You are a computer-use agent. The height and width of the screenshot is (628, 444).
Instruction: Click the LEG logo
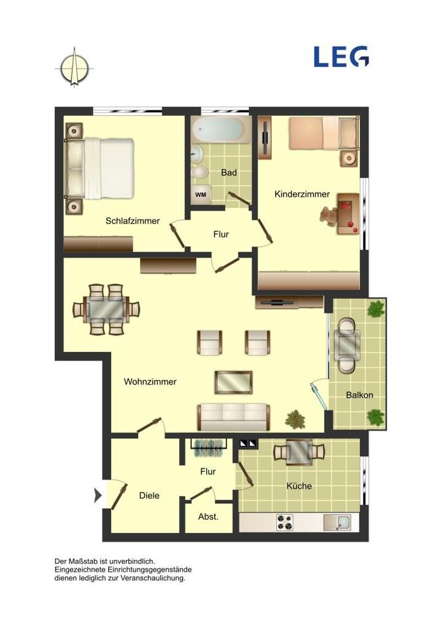tap(341, 57)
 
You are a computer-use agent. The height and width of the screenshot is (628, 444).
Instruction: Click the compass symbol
tap(75, 67)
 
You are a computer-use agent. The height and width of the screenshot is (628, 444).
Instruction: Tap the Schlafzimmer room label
tap(132, 221)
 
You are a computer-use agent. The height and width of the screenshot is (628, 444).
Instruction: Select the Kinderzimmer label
tap(302, 194)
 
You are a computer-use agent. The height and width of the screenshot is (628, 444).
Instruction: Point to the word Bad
tap(229, 173)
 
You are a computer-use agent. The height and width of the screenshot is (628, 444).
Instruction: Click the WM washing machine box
tap(201, 194)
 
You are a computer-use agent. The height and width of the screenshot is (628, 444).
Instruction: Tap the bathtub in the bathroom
tap(221, 130)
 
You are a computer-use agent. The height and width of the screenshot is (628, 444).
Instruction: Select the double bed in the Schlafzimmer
tap(100, 168)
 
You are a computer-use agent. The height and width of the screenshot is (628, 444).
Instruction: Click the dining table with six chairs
tap(107, 309)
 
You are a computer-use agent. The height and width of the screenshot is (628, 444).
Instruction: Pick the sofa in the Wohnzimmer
tap(232, 416)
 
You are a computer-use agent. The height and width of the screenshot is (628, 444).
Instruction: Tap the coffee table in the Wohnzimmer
tap(234, 382)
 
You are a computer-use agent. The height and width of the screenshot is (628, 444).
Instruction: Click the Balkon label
tap(360, 395)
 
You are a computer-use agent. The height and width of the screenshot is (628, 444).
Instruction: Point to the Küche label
tap(299, 486)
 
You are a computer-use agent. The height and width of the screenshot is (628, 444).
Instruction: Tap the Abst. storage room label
tap(208, 517)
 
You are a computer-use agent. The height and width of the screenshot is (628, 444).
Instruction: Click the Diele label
tap(149, 496)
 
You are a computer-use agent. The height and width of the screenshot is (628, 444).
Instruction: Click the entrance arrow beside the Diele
tap(98, 495)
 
